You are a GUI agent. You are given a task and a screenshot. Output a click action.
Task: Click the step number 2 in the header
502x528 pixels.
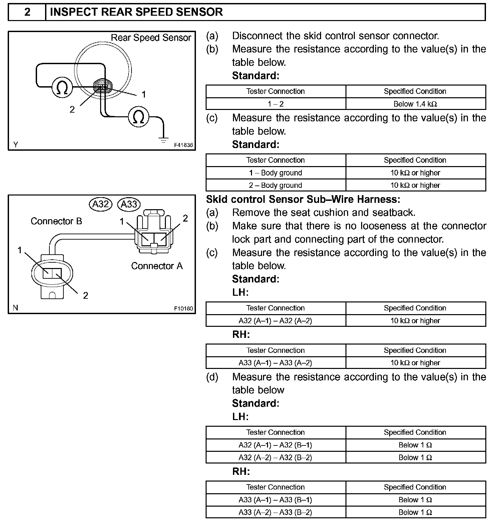tap(27, 12)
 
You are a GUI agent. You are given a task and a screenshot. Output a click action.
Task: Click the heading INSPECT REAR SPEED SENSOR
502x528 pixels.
tap(136, 12)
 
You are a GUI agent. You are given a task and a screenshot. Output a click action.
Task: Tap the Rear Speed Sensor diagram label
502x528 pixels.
tap(151, 38)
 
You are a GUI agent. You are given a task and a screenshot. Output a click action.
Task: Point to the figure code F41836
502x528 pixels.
tap(183, 145)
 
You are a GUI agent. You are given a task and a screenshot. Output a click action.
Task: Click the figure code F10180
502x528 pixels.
tap(183, 308)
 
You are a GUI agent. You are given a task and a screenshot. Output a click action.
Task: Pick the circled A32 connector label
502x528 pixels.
tap(100, 204)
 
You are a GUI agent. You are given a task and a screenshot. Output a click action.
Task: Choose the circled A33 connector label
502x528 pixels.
tap(129, 204)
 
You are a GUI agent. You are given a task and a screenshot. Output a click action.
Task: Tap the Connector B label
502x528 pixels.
tap(56, 221)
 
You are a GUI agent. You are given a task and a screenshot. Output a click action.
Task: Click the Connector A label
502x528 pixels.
tap(157, 266)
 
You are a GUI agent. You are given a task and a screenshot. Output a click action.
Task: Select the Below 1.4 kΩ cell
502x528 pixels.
tap(416, 104)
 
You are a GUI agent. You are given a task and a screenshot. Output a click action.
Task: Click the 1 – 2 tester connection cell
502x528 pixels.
tap(276, 104)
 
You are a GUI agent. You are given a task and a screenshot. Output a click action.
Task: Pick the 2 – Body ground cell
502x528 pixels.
tap(276, 185)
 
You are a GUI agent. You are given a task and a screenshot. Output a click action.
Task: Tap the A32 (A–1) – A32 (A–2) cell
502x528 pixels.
tap(276, 321)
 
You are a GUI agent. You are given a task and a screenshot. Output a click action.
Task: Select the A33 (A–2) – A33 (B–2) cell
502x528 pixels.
tap(276, 512)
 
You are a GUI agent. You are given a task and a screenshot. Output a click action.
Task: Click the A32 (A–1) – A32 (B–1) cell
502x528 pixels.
tap(276, 445)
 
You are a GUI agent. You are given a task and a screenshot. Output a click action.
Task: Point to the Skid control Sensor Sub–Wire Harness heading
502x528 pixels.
tap(303, 200)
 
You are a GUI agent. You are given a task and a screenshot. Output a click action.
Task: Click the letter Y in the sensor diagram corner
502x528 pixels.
tap(16, 145)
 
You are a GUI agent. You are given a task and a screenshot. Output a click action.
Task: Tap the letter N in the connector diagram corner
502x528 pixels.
tap(15, 308)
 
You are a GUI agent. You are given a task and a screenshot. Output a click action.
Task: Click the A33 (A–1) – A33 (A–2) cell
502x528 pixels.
tap(276, 363)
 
